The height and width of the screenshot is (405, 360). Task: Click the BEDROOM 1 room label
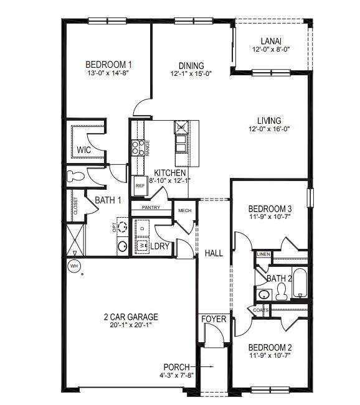tap(108, 64)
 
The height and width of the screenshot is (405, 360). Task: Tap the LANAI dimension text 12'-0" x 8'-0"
tap(270, 49)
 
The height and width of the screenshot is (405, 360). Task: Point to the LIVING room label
tap(270, 121)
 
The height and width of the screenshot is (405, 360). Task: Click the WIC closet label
tap(85, 150)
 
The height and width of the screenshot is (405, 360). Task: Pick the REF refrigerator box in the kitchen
tap(140, 185)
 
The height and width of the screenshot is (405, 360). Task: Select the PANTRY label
tap(151, 208)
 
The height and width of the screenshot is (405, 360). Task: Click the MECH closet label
tap(184, 211)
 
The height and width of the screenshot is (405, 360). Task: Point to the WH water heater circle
tap(75, 266)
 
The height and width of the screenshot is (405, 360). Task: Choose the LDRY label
tap(161, 246)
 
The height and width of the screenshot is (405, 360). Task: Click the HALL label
tap(214, 253)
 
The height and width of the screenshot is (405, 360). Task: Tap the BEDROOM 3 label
tap(270, 208)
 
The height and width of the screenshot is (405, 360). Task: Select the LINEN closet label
tap(263, 254)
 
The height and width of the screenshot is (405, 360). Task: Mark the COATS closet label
tap(261, 309)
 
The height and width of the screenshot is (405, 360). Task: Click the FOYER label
tap(214, 320)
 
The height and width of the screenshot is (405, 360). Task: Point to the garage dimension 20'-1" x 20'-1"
tap(131, 325)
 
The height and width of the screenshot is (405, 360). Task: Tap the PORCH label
tap(176, 366)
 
